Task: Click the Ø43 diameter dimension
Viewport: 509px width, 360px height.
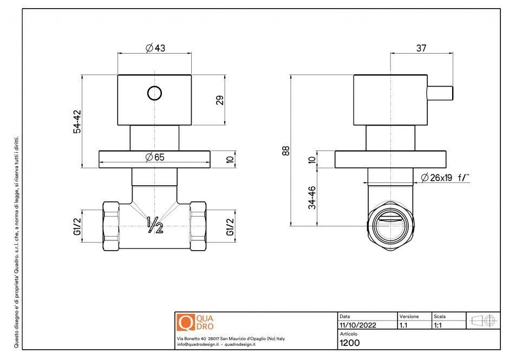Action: click(x=155, y=48)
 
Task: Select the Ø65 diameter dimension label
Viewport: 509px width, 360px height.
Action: click(x=155, y=157)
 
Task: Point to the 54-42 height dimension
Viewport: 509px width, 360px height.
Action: click(x=77, y=122)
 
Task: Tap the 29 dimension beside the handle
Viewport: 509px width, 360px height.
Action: click(x=220, y=100)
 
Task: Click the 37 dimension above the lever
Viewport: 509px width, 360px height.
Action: click(x=421, y=48)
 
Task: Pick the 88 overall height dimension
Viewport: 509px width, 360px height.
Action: click(x=286, y=151)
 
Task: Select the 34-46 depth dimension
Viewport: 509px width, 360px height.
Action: click(x=312, y=198)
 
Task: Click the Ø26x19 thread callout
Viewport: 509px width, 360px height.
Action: click(x=445, y=178)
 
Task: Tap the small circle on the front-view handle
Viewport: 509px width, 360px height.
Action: click(x=154, y=93)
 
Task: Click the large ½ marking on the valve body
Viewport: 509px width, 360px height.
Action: click(x=155, y=225)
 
